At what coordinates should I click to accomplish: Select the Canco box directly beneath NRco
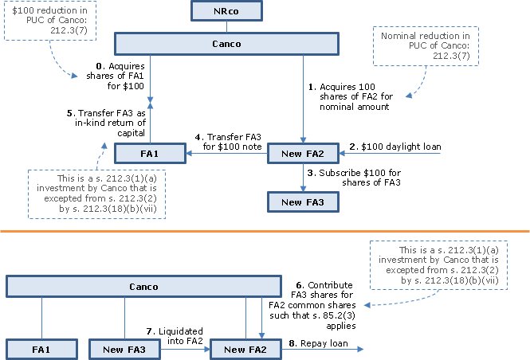coord(226,44)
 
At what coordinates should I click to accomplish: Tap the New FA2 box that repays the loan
coord(245,350)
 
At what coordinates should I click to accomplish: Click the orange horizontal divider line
coord(265,232)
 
